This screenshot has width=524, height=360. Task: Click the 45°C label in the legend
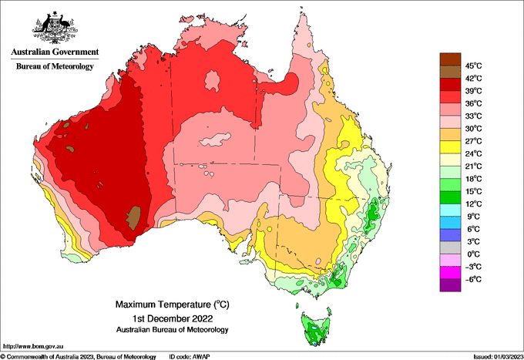(x=472, y=66)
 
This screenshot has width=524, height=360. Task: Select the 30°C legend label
(x=472, y=128)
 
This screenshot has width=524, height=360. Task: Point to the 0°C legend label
(x=471, y=254)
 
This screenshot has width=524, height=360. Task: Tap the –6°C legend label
(x=471, y=279)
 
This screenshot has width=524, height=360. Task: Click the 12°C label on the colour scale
(x=472, y=204)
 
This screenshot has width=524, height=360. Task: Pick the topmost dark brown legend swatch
(x=449, y=59)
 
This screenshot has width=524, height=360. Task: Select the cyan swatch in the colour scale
(x=449, y=210)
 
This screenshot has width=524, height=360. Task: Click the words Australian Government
(x=54, y=52)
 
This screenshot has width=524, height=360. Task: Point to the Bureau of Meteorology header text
(x=54, y=66)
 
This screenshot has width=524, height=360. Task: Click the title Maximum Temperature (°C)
(x=171, y=304)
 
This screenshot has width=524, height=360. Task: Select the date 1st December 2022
(x=171, y=318)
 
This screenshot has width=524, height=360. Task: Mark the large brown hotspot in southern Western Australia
(x=135, y=217)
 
